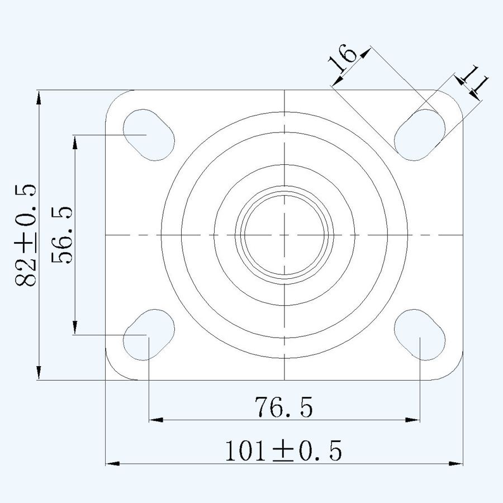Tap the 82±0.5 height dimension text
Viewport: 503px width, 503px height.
click(26, 235)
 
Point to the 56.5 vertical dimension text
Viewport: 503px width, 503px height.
click(61, 235)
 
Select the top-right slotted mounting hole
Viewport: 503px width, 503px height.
click(420, 135)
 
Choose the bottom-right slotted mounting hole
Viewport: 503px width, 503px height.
click(420, 335)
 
